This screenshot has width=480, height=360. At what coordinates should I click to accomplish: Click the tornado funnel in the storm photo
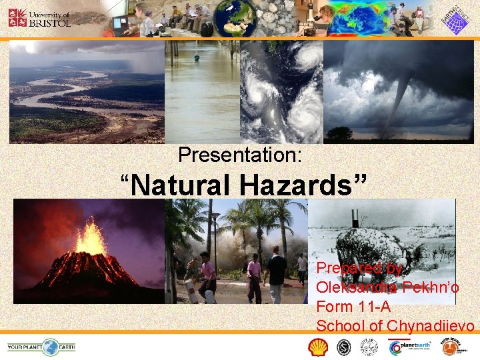click(401, 100)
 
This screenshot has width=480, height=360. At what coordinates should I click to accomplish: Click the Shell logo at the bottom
click(318, 347)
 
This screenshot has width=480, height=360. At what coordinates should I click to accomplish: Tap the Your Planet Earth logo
click(41, 347)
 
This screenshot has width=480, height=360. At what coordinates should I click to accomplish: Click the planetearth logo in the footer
click(409, 347)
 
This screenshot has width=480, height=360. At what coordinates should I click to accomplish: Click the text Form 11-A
click(353, 307)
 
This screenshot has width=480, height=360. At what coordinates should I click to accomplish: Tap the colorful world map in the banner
click(357, 19)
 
